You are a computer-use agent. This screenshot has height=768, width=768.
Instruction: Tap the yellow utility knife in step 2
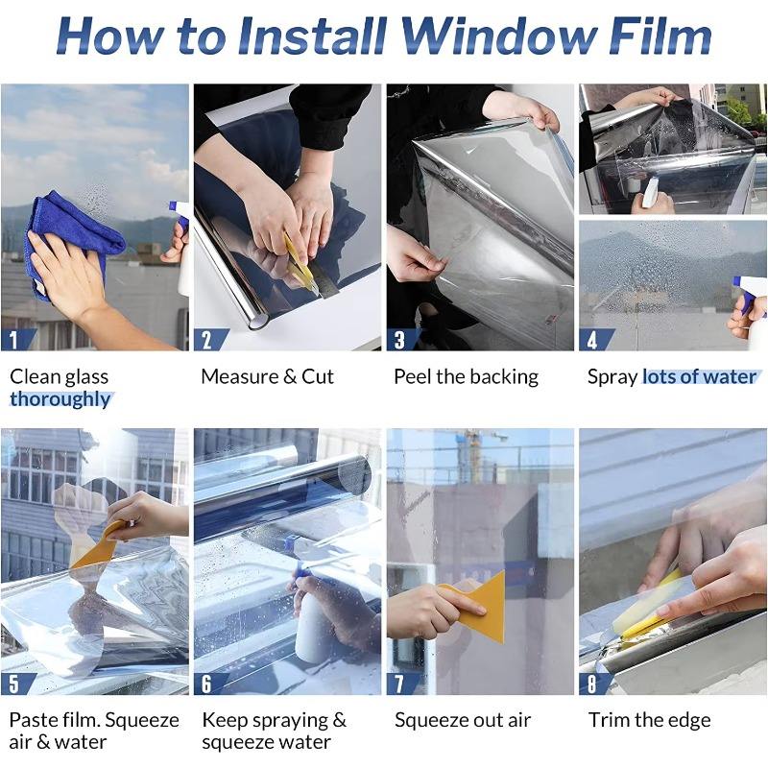[300, 262]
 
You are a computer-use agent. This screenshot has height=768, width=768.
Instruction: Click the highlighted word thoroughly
[60, 399]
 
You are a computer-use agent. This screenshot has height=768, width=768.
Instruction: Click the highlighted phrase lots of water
[700, 376]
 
